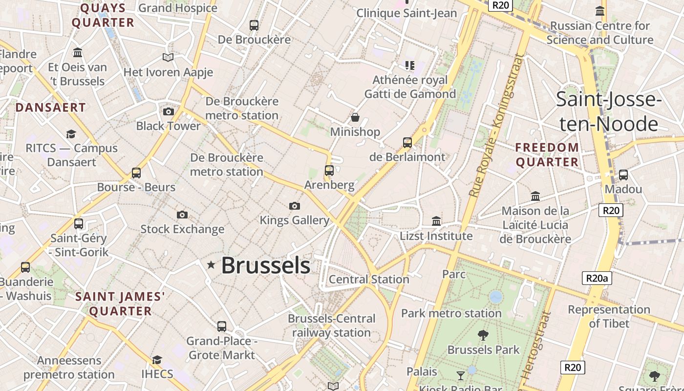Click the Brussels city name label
265,265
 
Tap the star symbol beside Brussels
211,265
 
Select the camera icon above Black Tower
169,112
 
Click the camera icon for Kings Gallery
294,206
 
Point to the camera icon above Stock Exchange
182,215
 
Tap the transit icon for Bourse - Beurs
136,173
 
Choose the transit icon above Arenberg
329,171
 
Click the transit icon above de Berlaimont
407,143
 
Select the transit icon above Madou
623,175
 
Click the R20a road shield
597,279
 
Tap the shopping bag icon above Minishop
355,118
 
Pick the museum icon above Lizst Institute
436,221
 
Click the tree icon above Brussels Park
483,335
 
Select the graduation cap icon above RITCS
71,134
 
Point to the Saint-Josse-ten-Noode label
609,111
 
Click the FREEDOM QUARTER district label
547,154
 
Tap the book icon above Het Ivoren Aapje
168,58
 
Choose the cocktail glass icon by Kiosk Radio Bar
460,375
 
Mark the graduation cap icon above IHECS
157,360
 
